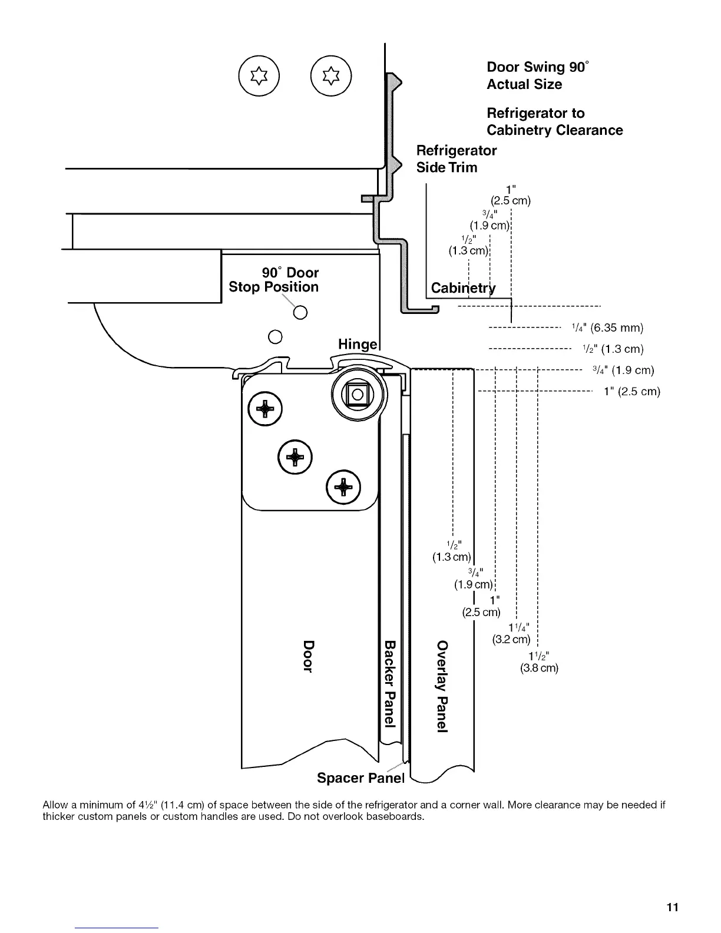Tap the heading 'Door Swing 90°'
[x=537, y=67]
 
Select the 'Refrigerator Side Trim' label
[x=456, y=159]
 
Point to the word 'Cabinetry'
[x=463, y=288]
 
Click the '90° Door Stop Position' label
[x=274, y=280]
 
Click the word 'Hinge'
[x=357, y=344]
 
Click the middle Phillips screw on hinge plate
[x=295, y=456]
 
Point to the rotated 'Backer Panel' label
[x=389, y=683]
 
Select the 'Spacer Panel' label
[x=360, y=778]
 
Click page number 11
[x=673, y=907]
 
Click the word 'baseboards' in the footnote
[x=394, y=816]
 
